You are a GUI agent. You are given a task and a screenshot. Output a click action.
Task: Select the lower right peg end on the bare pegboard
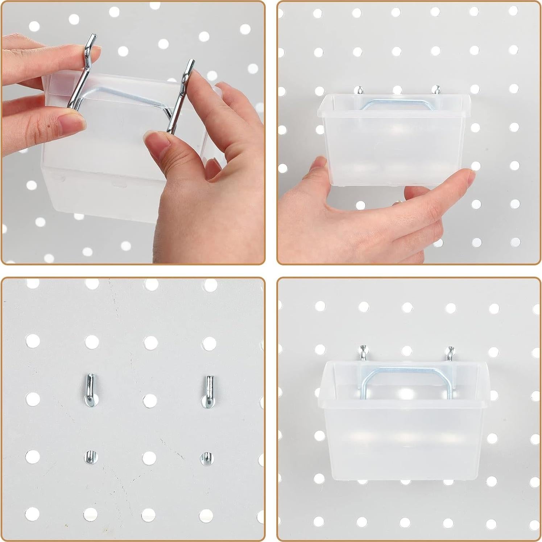click(x=206, y=458)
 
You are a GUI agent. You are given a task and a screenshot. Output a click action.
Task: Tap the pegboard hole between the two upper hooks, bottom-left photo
click(x=149, y=400)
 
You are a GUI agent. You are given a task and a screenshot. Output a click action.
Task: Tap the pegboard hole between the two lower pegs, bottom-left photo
click(x=149, y=458)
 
